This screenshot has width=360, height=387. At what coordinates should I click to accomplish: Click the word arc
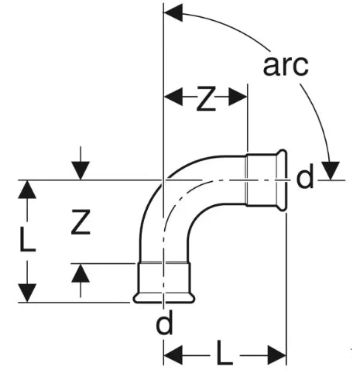point(286,66)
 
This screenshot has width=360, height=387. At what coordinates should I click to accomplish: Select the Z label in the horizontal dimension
point(206,99)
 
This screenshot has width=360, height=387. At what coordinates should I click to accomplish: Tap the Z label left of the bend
point(81,222)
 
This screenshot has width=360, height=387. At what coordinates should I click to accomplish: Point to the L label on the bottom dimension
point(225,352)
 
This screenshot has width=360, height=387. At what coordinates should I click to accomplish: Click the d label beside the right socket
point(305,176)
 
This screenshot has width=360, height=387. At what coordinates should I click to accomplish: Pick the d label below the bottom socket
point(164,321)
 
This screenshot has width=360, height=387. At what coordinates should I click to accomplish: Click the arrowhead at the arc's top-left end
point(173,12)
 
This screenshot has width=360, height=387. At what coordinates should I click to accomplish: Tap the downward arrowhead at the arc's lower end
point(331,170)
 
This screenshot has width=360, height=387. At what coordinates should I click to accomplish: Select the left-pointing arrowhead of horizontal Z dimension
point(173,98)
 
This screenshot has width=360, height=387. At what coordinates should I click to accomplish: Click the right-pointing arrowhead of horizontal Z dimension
point(238,98)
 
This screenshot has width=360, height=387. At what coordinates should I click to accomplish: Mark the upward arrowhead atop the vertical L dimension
point(27,189)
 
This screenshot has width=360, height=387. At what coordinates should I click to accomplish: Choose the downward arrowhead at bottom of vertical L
point(27,293)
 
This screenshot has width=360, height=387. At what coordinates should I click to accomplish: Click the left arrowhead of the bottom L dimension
point(173,355)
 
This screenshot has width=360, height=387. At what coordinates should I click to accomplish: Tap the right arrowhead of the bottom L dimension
point(277,355)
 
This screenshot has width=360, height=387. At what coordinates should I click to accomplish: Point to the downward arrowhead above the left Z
point(81,170)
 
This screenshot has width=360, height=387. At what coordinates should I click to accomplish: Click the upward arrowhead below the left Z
point(81,273)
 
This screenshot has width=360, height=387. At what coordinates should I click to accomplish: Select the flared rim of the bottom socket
point(164,298)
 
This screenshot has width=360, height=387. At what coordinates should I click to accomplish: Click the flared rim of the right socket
point(282,180)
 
